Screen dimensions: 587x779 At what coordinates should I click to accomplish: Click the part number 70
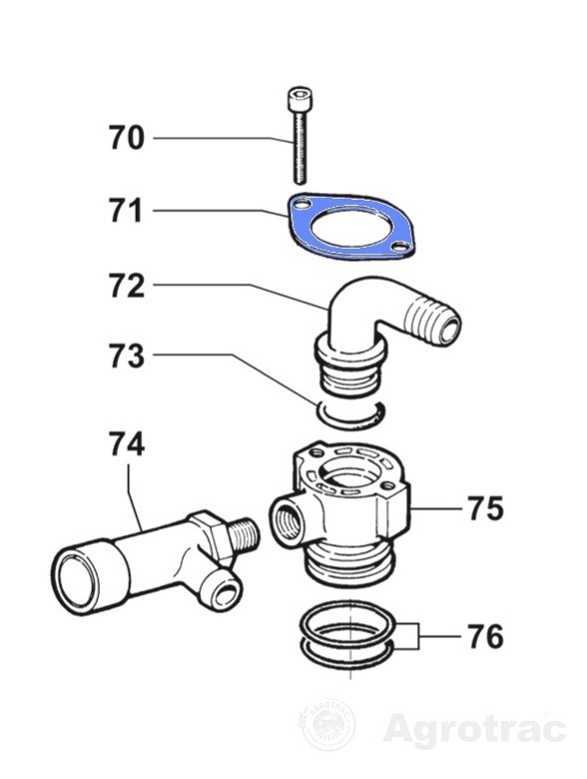[x=127, y=138]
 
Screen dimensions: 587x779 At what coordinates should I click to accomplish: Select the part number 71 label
[x=127, y=211]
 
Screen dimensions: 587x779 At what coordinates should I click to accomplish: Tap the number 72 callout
[x=127, y=286]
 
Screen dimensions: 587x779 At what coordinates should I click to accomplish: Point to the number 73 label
[x=127, y=356]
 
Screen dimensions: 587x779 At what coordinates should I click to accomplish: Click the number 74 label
[x=127, y=444]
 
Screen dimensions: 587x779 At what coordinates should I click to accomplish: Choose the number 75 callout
[x=486, y=508]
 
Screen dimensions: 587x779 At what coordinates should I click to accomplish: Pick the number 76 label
[x=486, y=636]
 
